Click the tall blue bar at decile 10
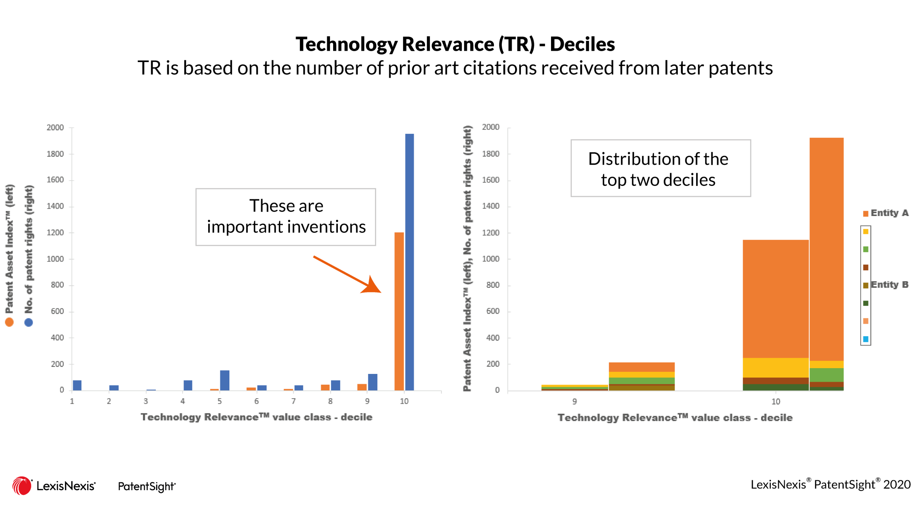pyautogui.click(x=409, y=262)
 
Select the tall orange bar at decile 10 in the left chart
pyautogui.click(x=399, y=311)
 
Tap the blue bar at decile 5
pyautogui.click(x=225, y=380)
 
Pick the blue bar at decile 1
pyautogui.click(x=77, y=385)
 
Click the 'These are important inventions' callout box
pyautogui.click(x=286, y=217)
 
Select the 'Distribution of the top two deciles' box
pyautogui.click(x=661, y=168)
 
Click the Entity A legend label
pyautogui.click(x=890, y=213)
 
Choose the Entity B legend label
pyautogui.click(x=890, y=285)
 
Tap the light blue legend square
pyautogui.click(x=866, y=339)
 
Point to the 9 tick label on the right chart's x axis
pyautogui.click(x=575, y=401)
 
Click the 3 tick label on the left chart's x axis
pyautogui.click(x=146, y=401)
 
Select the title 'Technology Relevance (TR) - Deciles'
pyautogui.click(x=455, y=44)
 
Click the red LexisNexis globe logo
pyautogui.click(x=22, y=486)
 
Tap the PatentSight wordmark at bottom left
pyautogui.click(x=147, y=486)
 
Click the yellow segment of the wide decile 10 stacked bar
pyautogui.click(x=775, y=368)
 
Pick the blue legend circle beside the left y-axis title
pyautogui.click(x=28, y=322)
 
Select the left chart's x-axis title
pyautogui.click(x=256, y=417)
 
